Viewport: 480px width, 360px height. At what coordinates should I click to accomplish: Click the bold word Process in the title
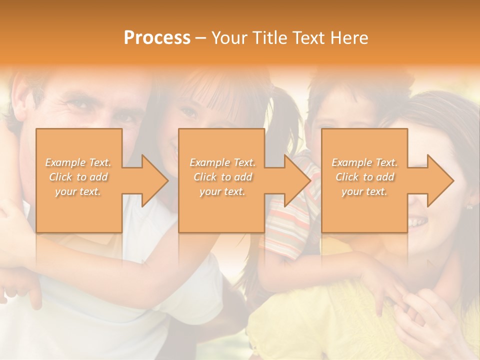tap(157, 38)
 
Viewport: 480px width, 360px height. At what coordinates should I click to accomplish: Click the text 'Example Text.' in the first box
tap(78, 162)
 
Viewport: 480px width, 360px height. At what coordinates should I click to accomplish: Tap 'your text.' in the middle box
tap(222, 191)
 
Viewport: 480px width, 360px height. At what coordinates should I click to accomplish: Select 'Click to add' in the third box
tap(365, 177)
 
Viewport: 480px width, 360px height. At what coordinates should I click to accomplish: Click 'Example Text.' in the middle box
tap(222, 162)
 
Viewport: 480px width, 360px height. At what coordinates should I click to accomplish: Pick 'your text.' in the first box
tap(78, 191)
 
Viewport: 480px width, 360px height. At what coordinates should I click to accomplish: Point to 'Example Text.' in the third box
tap(365, 162)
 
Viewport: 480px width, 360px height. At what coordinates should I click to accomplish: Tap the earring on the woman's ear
tap(469, 206)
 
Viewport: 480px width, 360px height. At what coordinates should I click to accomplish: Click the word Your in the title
tap(229, 38)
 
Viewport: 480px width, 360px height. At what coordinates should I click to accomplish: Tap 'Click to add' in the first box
tap(78, 177)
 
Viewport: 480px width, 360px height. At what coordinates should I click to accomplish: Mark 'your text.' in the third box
tap(365, 191)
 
